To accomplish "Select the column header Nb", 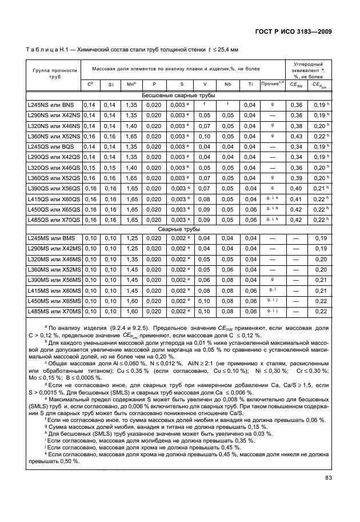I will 227,85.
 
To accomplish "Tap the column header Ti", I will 250,85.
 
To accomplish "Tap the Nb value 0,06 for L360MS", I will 227,269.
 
